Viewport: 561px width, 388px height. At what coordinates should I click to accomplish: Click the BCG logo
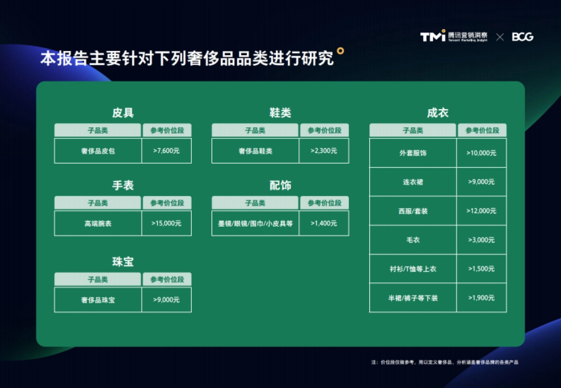[x=523, y=37]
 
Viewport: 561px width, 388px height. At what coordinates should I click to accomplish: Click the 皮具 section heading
[x=123, y=113]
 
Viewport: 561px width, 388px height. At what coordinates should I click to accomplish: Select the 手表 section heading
[x=123, y=185]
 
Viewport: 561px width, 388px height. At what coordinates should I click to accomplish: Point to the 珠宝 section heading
[x=123, y=262]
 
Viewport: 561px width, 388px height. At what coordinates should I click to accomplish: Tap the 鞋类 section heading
[x=280, y=113]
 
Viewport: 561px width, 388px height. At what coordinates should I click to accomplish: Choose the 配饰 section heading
[x=280, y=185]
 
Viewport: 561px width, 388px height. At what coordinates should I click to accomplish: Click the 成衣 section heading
[x=438, y=113]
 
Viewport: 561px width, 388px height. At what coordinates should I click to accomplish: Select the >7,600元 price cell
[x=166, y=151]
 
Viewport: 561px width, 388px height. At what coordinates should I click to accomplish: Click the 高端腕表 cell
[x=98, y=224]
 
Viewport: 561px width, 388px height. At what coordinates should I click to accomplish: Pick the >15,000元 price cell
[x=166, y=224]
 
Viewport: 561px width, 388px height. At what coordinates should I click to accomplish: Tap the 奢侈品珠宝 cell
[x=98, y=300]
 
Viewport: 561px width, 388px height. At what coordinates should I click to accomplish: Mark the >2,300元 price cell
[x=324, y=151]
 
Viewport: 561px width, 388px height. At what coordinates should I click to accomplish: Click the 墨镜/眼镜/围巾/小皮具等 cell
[x=255, y=224]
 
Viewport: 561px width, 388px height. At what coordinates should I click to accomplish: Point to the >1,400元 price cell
[x=324, y=224]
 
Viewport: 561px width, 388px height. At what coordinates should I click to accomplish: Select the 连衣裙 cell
[x=413, y=182]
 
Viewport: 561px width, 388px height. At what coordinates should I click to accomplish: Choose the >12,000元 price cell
[x=482, y=211]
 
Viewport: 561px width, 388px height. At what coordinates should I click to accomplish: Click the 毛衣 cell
[x=413, y=240]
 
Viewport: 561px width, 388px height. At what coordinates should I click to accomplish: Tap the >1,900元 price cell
[x=482, y=298]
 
